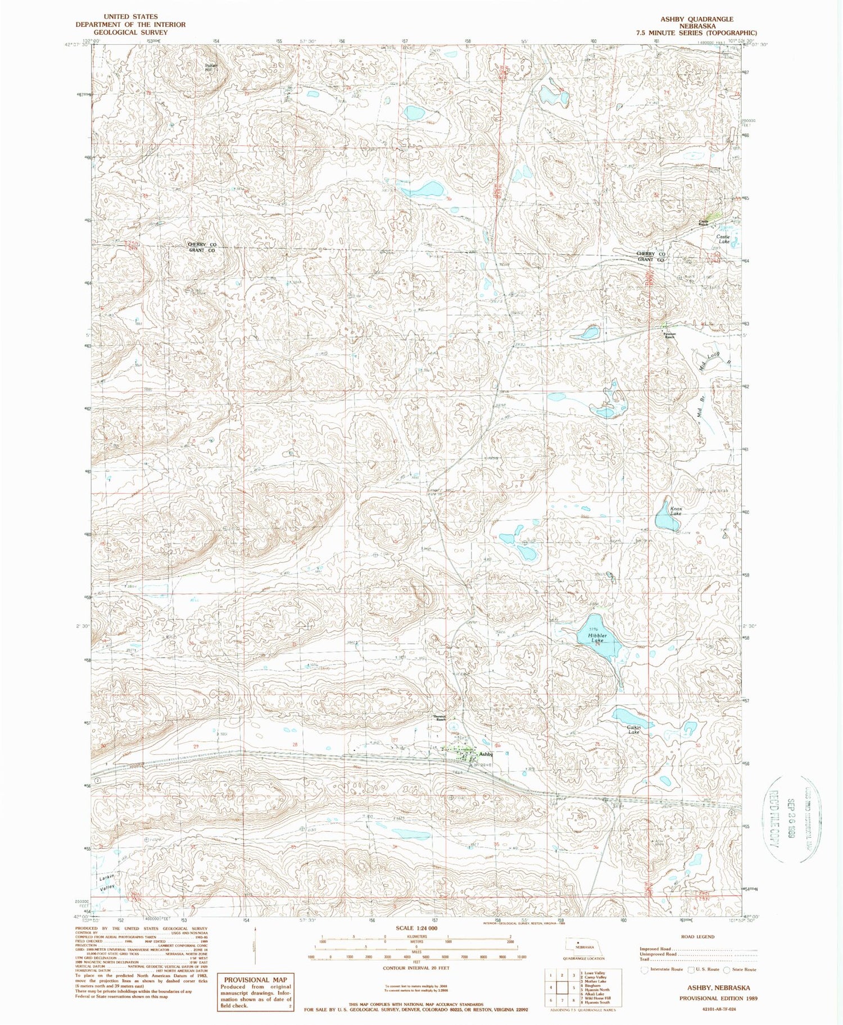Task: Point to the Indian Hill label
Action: (x=211, y=67)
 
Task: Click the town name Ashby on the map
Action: (x=487, y=754)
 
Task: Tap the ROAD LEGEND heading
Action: (x=696, y=937)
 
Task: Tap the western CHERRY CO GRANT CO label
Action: (x=201, y=248)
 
